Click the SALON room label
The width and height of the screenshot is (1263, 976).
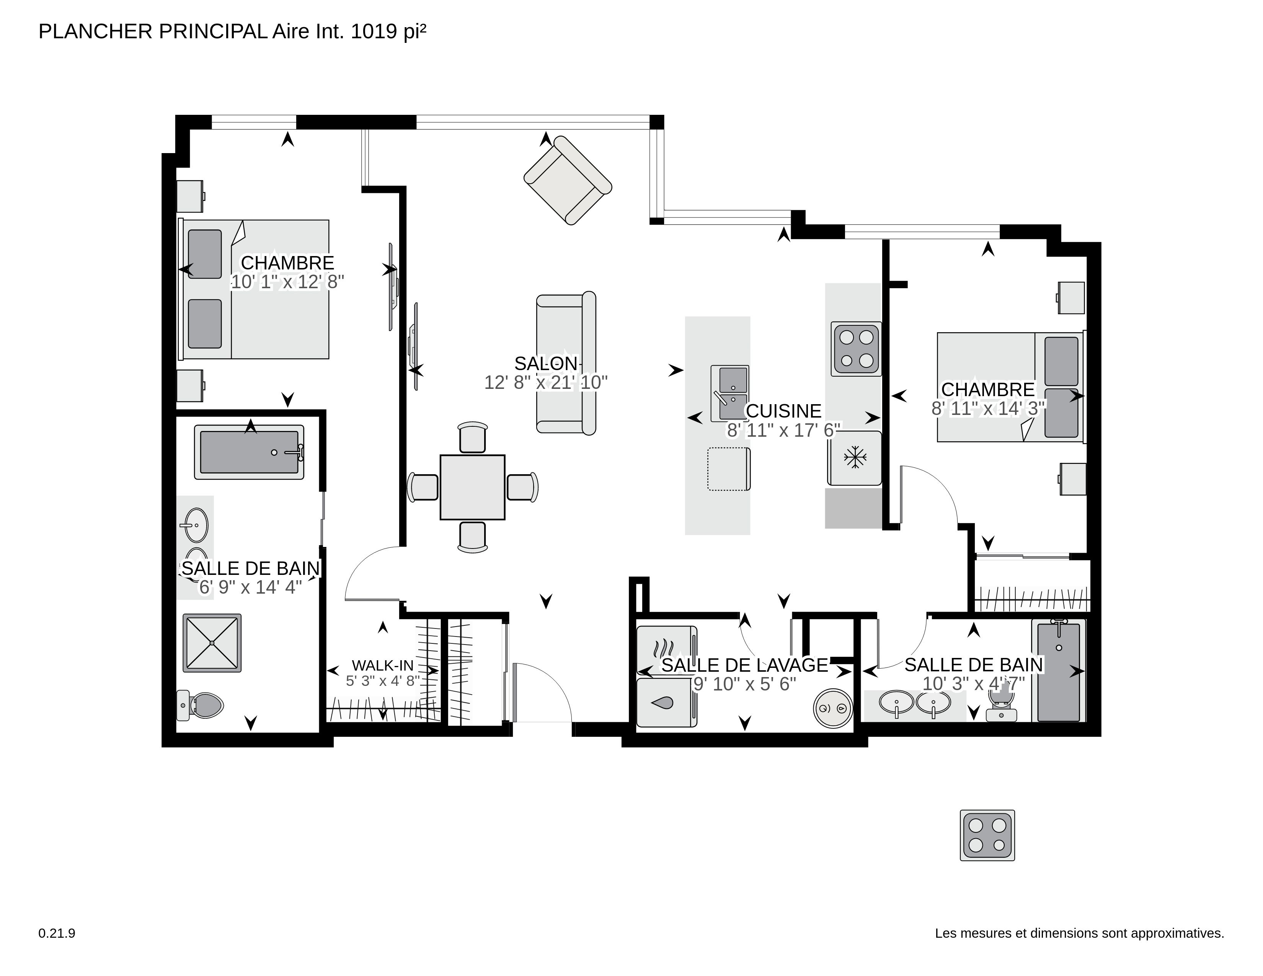(546, 363)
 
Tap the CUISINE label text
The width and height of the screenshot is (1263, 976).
(783, 411)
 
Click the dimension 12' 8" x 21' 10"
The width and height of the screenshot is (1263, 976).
(546, 382)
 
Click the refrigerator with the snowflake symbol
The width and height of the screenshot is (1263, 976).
(855, 458)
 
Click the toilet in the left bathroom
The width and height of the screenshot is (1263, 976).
(201, 705)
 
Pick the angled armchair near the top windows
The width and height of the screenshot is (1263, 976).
(567, 180)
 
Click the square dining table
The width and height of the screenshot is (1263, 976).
(472, 487)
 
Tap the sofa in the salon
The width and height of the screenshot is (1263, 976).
(566, 363)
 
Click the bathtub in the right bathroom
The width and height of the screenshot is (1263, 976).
(1058, 672)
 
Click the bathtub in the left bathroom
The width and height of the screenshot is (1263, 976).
(249, 452)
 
